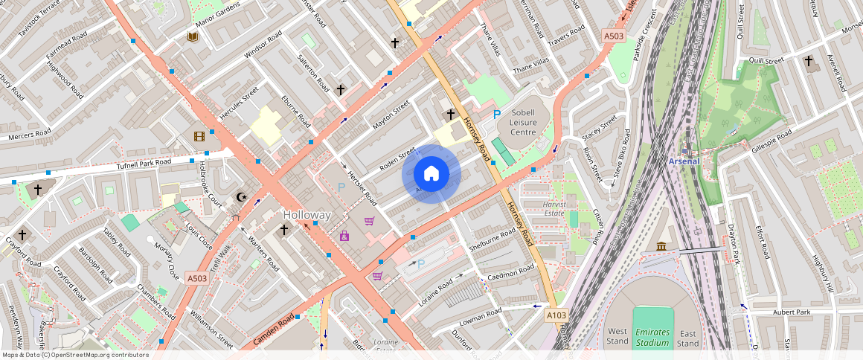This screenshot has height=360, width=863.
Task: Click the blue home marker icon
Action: (431, 174)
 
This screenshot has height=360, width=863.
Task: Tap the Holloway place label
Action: (307, 215)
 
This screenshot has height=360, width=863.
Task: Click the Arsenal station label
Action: (683, 161)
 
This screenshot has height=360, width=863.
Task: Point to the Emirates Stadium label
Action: (652, 337)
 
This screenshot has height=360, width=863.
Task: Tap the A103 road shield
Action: (556, 315)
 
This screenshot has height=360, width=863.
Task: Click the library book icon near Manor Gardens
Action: (192, 36)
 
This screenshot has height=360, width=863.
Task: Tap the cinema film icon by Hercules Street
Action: (199, 135)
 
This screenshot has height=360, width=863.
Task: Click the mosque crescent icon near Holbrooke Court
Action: (240, 197)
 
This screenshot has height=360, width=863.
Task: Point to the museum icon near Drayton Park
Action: (661, 247)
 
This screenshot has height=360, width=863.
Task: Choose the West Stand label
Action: (617, 336)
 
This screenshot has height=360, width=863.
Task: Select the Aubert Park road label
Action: (792, 312)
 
